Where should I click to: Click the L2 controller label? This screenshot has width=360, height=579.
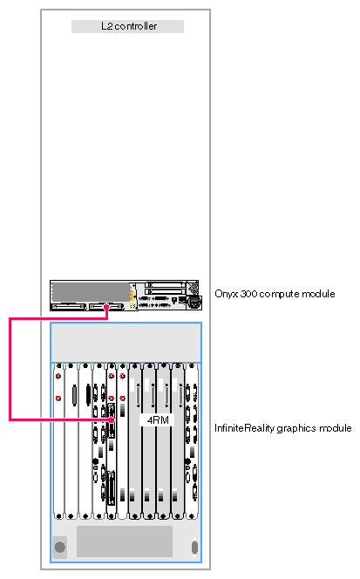pos(129,26)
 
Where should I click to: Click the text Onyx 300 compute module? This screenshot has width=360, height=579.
pos(275,294)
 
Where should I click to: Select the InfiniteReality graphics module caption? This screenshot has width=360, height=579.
pos(282,428)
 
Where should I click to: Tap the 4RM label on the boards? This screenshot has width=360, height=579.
pos(158,419)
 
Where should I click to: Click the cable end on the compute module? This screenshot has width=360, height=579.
pos(106,306)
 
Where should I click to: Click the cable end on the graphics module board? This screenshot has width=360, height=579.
pos(112,419)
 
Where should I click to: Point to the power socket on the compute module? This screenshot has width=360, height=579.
pos(194,302)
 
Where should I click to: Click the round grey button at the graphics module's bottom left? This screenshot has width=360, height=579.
pos(60,547)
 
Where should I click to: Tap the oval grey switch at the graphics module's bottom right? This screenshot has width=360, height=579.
pos(194,547)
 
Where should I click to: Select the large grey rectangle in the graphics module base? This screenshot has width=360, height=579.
pos(125,541)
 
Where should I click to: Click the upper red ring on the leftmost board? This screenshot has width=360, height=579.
pos(58,377)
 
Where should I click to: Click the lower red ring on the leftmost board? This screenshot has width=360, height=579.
pos(58,398)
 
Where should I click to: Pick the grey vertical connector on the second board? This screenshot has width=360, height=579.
pos(75,396)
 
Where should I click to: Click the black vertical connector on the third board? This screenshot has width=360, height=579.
pos(88,394)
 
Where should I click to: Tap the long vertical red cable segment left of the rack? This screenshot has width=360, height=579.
pos(10,369)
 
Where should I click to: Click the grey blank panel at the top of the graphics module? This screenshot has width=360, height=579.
pos(126,343)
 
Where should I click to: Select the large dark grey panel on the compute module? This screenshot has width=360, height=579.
pos(91,292)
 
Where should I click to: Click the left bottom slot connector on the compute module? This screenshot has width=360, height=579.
pos(69,306)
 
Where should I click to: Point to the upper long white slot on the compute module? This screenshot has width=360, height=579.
pos(165,284)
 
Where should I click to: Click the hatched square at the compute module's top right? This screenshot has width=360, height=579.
pos(192,287)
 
